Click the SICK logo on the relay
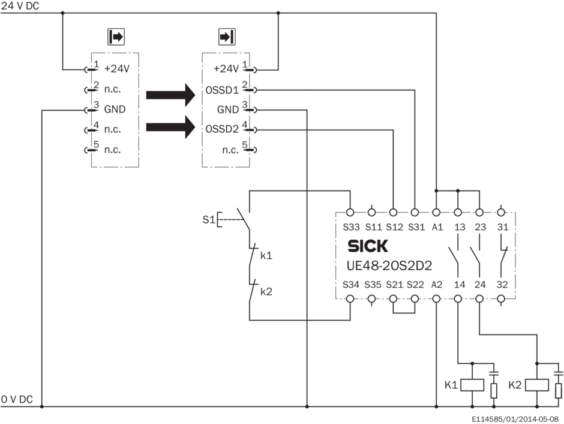click(x=368, y=246)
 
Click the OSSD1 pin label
click(x=222, y=91)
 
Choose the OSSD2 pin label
click(x=222, y=129)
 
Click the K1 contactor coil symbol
click(x=472, y=384)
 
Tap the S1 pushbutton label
click(x=208, y=220)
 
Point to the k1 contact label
click(x=266, y=255)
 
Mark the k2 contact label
click(x=266, y=291)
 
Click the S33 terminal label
click(x=350, y=226)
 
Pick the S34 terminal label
click(x=350, y=285)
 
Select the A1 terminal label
click(x=436, y=226)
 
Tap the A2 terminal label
click(x=436, y=285)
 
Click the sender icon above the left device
click(x=115, y=37)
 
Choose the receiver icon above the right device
click(x=226, y=37)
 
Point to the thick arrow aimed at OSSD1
click(x=171, y=94)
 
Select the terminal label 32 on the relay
click(x=502, y=285)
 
